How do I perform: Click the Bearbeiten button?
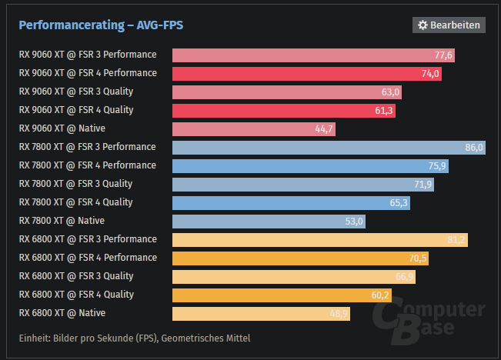point(449,25)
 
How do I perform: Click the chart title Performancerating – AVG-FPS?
point(101,25)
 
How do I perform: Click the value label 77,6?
point(444,55)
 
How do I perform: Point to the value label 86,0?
point(474,148)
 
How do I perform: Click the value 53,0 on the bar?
point(354,222)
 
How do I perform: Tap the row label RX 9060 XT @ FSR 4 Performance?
point(87,73)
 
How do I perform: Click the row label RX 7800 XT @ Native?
point(62,221)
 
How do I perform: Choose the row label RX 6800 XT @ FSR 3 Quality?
point(75,276)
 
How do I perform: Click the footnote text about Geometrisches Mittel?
point(135,338)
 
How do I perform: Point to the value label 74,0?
point(430,74)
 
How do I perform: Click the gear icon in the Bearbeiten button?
point(423,25)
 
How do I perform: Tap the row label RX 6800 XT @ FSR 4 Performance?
point(87,258)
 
